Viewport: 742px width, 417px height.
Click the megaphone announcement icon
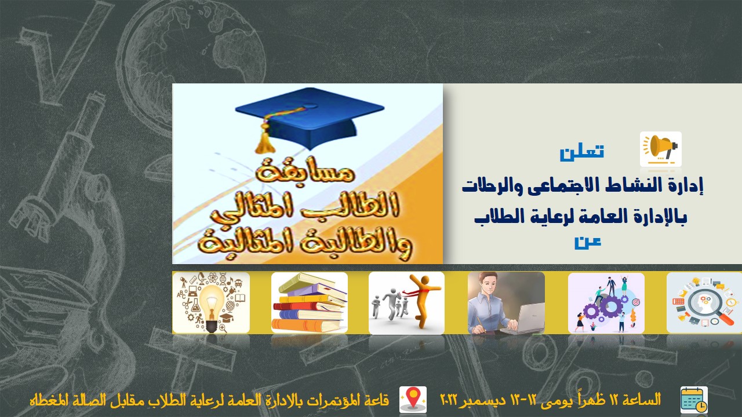click(x=661, y=149)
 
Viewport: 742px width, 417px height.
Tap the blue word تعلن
click(x=581, y=152)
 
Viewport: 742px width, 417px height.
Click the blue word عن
click(x=588, y=242)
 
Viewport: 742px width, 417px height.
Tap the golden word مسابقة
click(x=305, y=172)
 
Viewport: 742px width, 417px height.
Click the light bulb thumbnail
click(x=211, y=302)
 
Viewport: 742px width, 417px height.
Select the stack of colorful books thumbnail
click(x=310, y=302)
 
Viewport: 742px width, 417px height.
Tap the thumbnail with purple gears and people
click(x=606, y=303)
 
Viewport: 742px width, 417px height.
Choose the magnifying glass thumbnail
click(x=704, y=303)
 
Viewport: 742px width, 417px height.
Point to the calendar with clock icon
click(x=694, y=400)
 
